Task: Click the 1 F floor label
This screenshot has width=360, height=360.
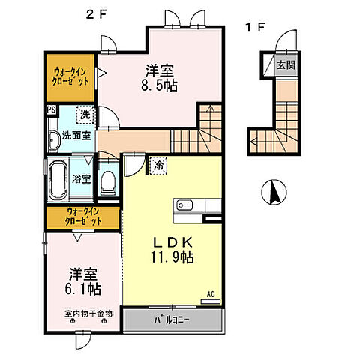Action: (x=255, y=28)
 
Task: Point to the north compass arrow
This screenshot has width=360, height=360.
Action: (x=274, y=194)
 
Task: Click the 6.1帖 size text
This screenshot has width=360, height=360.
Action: (x=82, y=288)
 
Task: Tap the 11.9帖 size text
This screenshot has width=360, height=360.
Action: (x=174, y=257)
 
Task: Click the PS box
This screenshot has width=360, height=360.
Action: (x=51, y=111)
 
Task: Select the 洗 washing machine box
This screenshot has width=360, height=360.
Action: (x=85, y=115)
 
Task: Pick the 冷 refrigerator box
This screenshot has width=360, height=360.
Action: (x=159, y=164)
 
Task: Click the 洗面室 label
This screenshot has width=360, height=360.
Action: (x=76, y=136)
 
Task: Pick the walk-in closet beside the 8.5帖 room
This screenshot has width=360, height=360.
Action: (x=70, y=75)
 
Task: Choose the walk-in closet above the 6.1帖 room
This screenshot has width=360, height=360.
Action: (x=82, y=217)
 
